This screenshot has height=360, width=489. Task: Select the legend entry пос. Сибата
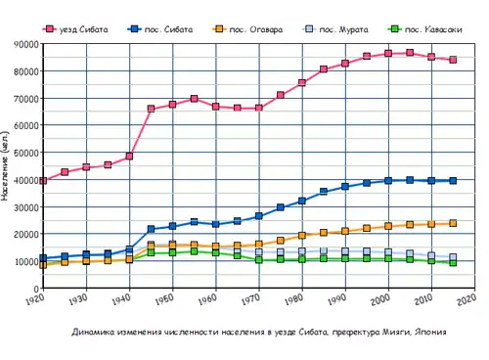pos(161,30)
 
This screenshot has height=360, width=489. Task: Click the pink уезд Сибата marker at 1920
pos(44,181)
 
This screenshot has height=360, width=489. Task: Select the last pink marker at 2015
pos(453,60)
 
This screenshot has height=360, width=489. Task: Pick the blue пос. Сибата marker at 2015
pos(453,181)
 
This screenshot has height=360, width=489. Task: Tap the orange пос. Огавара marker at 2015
pos(453,223)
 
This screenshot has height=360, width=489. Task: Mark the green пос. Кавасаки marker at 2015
pos(453,263)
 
